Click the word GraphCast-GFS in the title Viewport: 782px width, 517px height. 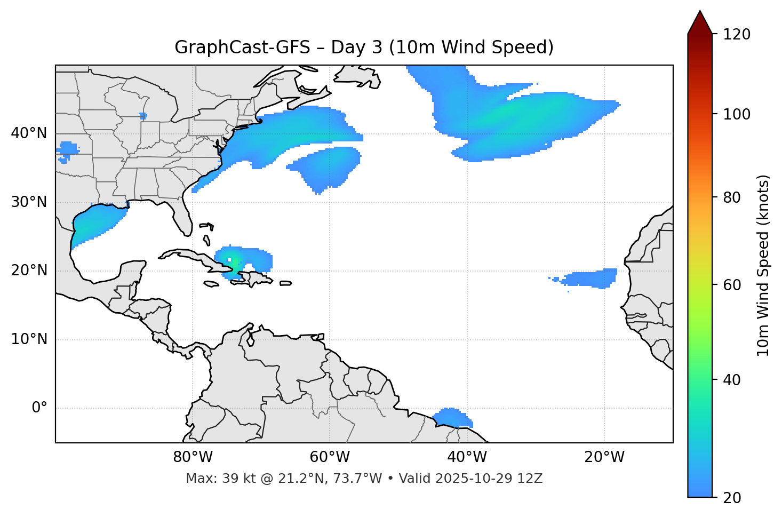242,47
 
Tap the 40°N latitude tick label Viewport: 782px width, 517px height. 29,133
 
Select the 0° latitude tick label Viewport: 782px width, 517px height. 39,408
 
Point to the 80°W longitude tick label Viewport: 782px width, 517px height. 193,457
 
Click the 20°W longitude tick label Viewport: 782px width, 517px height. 604,457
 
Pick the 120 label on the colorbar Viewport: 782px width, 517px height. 738,35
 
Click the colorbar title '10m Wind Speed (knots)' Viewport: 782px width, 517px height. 763,265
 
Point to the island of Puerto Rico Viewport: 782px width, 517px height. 286,283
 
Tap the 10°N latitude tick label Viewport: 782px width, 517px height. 29,339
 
